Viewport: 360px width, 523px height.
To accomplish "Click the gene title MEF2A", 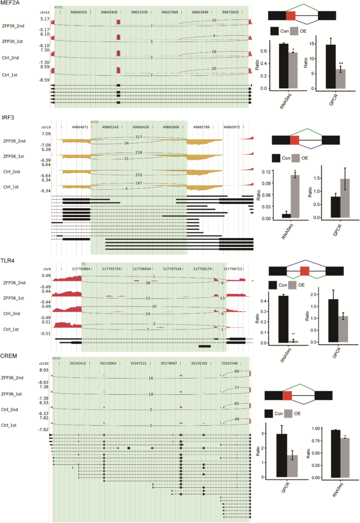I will tap(11, 4).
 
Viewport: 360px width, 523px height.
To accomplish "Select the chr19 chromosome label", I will tap(45, 127).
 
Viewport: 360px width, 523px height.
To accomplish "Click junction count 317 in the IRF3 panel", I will tap(139, 137).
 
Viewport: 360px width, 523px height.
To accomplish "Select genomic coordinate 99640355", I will tap(79, 11).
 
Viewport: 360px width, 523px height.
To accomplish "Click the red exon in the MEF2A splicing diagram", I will tap(291, 15).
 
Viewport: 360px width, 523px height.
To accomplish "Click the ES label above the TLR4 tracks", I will tap(83, 264).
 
